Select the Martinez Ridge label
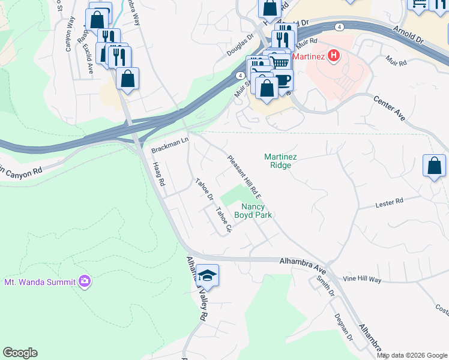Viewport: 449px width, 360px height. (281, 161)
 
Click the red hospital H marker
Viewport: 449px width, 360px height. (334, 56)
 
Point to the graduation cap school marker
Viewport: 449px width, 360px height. (207, 275)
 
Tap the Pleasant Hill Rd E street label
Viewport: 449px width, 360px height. (244, 176)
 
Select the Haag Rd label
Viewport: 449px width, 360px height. (158, 173)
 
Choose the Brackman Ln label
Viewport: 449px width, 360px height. (170, 146)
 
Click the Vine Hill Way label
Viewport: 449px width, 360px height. (362, 280)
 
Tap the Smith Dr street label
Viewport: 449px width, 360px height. (326, 286)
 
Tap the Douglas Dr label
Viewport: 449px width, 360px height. (240, 46)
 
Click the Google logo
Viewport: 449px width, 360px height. (20, 353)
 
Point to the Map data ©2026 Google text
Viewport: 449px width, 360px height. (412, 355)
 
